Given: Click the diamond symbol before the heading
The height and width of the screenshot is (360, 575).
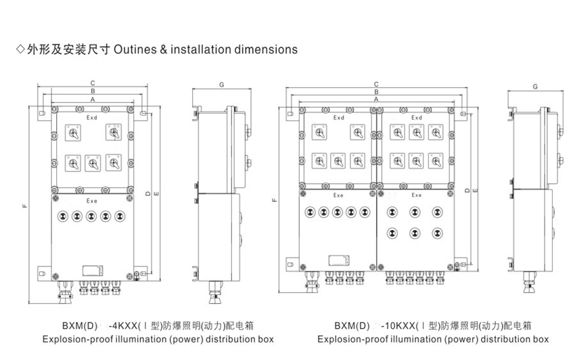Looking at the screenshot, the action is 20,49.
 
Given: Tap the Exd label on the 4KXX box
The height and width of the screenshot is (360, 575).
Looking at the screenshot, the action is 92,118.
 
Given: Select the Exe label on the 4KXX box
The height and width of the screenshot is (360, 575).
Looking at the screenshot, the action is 92,201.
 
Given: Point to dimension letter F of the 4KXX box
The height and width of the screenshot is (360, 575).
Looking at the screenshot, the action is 24,206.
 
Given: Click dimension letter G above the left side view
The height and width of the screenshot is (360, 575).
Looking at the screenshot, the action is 221,85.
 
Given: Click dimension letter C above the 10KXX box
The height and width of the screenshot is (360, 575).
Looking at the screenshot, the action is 376,85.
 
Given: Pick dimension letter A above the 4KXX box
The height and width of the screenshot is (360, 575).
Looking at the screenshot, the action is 93,99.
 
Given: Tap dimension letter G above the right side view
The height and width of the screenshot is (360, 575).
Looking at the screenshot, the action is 535,87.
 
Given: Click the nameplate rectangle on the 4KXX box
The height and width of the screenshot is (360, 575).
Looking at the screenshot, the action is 93,271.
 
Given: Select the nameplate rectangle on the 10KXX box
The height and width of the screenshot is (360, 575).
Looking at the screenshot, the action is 339,260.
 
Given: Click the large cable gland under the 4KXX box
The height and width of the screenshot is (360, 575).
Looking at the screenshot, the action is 65,292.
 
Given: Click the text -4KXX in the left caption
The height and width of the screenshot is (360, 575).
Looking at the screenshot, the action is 123,325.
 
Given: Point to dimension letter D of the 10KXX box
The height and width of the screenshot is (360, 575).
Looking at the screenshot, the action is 467,190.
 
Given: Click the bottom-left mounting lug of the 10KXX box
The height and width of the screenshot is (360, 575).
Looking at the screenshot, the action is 293,264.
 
